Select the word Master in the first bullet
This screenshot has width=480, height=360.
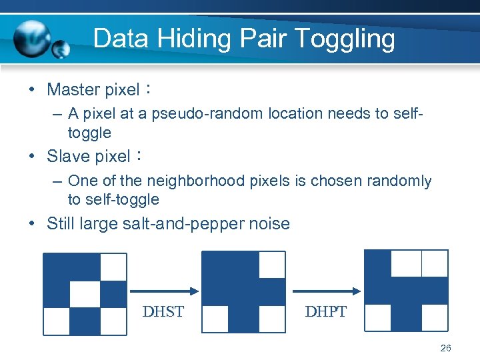click(73, 89)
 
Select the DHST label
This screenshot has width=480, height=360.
click(163, 311)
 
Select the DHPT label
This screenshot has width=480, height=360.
click(325, 311)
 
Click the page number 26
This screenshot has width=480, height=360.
click(446, 348)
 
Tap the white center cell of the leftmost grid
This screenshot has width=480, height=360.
click(85, 294)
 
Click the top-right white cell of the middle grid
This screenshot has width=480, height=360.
click(272, 265)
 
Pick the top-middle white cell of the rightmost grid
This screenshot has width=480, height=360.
click(406, 263)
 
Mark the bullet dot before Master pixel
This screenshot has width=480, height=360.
click(33, 89)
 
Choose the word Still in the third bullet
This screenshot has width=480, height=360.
click(61, 223)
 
